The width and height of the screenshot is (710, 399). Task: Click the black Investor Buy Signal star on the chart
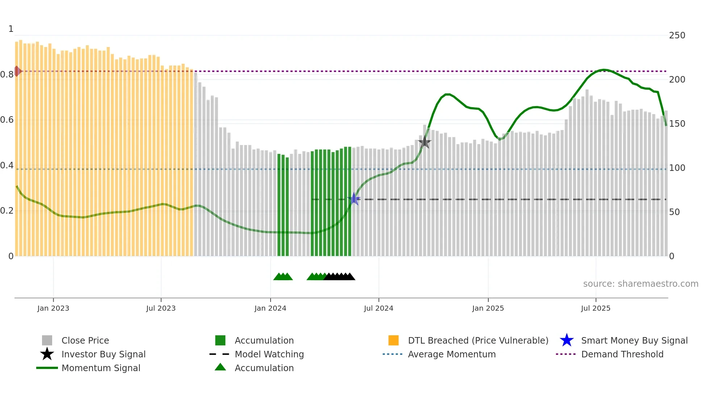[x=425, y=142]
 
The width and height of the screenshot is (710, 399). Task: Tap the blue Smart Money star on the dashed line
[x=354, y=199]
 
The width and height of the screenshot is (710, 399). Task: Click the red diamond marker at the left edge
[x=17, y=71]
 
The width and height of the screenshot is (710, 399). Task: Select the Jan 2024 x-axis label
[x=270, y=308]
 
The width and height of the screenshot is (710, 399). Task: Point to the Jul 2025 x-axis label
[x=596, y=308]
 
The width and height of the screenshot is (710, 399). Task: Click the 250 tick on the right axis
[x=677, y=35]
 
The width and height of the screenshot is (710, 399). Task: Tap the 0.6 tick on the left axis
[x=7, y=120]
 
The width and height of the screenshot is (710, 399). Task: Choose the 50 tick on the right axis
[x=674, y=212]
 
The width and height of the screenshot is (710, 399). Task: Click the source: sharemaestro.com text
[x=640, y=284]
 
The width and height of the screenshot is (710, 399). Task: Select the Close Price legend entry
[x=85, y=340]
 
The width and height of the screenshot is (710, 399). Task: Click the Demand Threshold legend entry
[x=622, y=354]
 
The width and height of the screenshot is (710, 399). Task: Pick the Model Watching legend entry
[x=269, y=354]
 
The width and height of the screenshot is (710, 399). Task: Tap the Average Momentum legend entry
[x=451, y=354]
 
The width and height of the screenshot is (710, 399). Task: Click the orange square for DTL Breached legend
[x=393, y=340]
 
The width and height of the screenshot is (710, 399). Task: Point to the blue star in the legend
[x=567, y=340]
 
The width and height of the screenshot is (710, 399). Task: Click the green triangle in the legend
[x=220, y=367]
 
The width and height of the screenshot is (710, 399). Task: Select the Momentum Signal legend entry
[x=101, y=368]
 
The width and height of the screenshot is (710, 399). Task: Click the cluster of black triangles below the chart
[x=340, y=277]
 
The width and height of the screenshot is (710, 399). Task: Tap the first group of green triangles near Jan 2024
[x=283, y=277]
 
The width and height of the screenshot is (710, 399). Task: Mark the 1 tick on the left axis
[x=11, y=29]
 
